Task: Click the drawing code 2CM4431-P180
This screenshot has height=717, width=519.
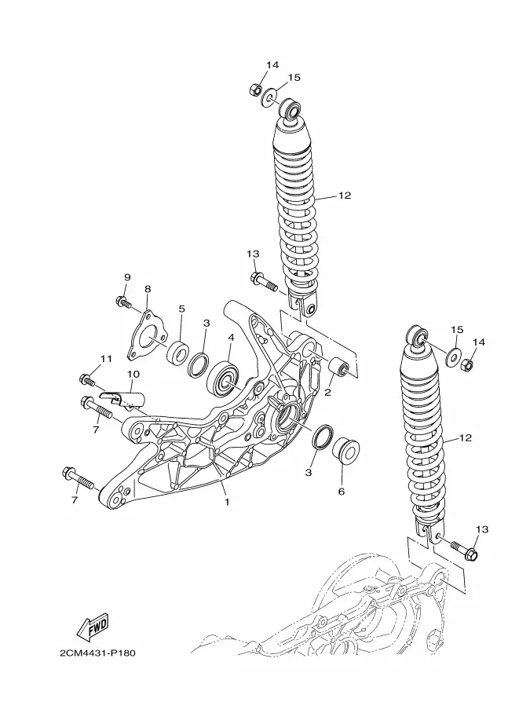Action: pos(97,653)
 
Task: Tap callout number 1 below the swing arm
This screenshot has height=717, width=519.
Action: pos(226,502)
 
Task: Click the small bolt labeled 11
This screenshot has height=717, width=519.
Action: pos(87,379)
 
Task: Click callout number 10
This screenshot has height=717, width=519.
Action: pos(133,374)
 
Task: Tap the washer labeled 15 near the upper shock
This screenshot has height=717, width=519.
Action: pos(269,98)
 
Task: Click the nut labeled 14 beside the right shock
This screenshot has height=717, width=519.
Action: pos(467,365)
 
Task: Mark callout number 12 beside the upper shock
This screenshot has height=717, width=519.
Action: pos(345,196)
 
